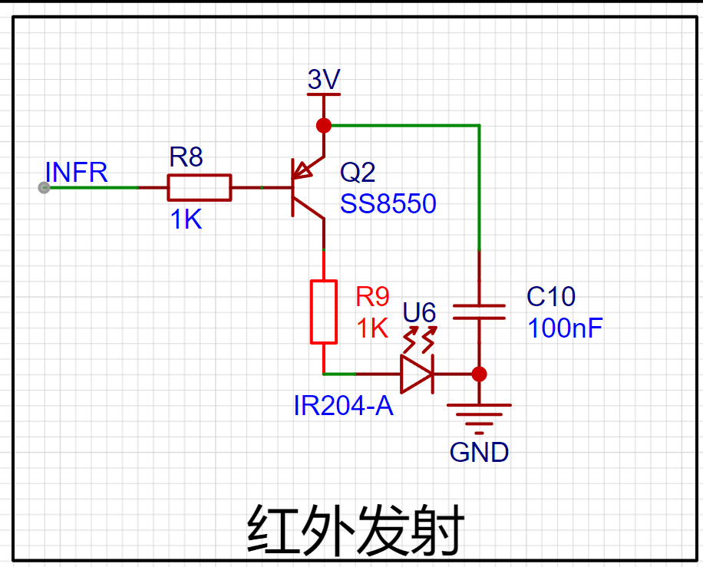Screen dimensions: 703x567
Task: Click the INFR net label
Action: (x=77, y=172)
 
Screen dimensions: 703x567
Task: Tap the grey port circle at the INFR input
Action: (x=44, y=187)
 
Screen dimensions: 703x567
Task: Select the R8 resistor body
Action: (x=200, y=187)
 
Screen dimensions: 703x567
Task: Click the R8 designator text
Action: (x=186, y=157)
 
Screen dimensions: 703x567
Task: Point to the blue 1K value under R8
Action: (x=186, y=219)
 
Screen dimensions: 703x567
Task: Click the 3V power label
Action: (x=324, y=80)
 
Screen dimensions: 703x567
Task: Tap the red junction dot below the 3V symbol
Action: (x=324, y=126)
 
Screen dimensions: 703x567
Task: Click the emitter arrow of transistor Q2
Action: (x=302, y=171)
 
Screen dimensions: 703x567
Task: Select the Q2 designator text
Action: (x=358, y=172)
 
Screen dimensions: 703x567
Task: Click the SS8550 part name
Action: (x=388, y=203)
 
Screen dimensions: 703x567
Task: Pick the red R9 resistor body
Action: (x=324, y=312)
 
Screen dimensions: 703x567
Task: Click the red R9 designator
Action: (x=372, y=296)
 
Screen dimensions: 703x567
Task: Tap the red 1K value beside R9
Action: (x=372, y=328)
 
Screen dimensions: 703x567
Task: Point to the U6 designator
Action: (x=419, y=312)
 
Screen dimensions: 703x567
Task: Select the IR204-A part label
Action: (x=343, y=406)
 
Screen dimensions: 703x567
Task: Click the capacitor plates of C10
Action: (x=479, y=312)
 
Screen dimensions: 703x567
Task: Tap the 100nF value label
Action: (x=565, y=328)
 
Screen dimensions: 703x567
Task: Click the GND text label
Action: (x=479, y=452)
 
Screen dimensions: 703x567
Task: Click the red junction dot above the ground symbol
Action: (x=479, y=374)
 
